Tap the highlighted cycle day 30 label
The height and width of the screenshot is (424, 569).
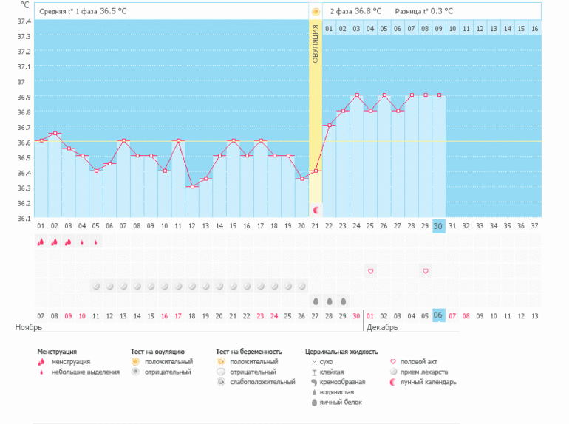[x=439, y=225]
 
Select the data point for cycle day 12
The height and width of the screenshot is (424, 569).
[x=192, y=186]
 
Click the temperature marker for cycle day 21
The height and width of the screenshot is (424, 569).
[x=316, y=171]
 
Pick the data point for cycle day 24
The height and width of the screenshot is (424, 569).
[x=357, y=95]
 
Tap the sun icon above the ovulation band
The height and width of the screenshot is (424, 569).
[x=316, y=12]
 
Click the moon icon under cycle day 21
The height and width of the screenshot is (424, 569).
[x=316, y=211]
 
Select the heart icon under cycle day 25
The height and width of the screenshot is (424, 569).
[x=371, y=271]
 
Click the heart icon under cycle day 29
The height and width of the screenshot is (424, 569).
[x=426, y=271]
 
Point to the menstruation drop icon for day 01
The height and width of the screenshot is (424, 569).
[x=41, y=242]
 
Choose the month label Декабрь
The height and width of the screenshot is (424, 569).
[x=382, y=326]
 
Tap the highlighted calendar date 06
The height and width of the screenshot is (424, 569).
[x=439, y=315]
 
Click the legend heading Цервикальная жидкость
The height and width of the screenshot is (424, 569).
[x=341, y=352]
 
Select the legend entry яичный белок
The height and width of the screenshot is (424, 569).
[x=340, y=403]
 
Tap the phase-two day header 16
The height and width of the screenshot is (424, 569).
[x=534, y=28]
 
